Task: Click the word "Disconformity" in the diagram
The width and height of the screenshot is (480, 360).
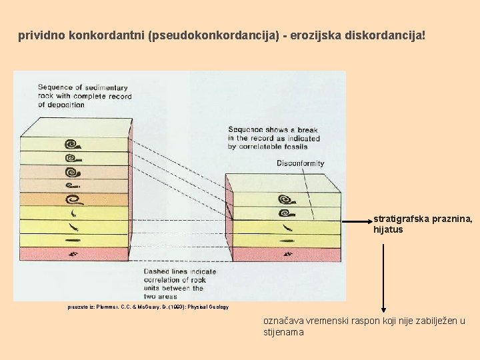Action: coord(301,163)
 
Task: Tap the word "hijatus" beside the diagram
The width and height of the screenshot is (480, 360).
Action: coord(388,230)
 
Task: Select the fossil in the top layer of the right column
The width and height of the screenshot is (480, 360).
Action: coord(287,199)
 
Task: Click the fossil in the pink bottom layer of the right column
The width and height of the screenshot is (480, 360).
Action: coord(287,254)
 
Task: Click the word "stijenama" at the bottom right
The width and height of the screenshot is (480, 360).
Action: coord(284,331)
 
